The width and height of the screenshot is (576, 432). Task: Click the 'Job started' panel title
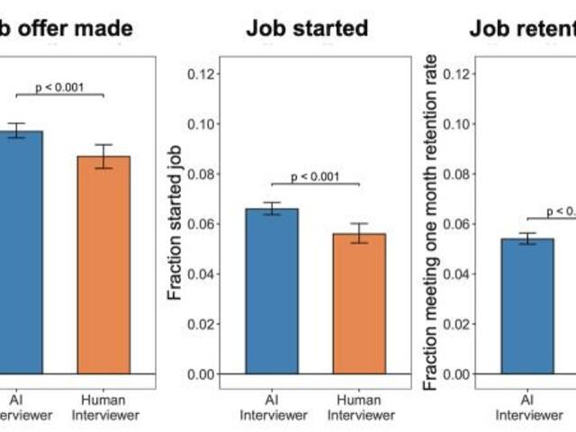pos(307,28)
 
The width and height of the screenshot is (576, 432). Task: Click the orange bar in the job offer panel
pos(103,265)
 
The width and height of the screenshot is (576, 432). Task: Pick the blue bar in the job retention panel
pos(527,306)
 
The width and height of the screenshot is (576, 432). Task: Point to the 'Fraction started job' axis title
pos(176,223)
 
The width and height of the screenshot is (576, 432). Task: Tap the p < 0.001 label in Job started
pos(315,176)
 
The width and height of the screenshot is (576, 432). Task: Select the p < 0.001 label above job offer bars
pos(60,87)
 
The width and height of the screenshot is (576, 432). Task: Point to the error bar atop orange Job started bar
pos(359,233)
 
